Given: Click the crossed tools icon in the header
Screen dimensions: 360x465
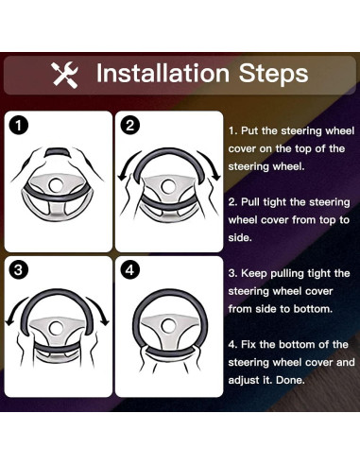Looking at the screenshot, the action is click(65, 75).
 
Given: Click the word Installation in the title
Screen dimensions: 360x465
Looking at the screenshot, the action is click(163, 73).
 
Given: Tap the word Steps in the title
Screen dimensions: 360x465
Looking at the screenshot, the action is click(273, 74).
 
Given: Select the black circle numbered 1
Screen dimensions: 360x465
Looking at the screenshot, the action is click(18, 126).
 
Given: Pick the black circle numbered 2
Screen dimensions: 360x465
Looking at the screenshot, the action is click(129, 126).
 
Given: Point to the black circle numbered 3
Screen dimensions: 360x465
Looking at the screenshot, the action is click(18, 270).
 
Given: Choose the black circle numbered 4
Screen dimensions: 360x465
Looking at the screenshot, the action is click(129, 270).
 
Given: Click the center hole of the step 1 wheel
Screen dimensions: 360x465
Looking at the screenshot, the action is click(57, 185).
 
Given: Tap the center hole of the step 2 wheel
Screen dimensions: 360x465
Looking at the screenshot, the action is click(168, 186).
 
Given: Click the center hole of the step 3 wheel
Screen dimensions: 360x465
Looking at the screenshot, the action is click(57, 328).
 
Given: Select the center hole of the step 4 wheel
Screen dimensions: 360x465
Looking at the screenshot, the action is click(169, 326).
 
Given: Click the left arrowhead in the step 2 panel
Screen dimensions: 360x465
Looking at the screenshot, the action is click(122, 178).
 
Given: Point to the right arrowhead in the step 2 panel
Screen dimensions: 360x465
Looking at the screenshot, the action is click(215, 177).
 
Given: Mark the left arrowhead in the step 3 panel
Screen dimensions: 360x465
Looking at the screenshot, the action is click(10, 322).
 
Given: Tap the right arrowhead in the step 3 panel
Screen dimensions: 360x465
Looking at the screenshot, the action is click(104, 321).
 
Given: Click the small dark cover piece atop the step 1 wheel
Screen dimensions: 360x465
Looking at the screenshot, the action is click(58, 152).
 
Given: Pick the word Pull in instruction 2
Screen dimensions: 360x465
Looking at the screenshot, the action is click(250, 202).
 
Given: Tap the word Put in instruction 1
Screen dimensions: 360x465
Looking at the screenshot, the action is click(249, 130).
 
